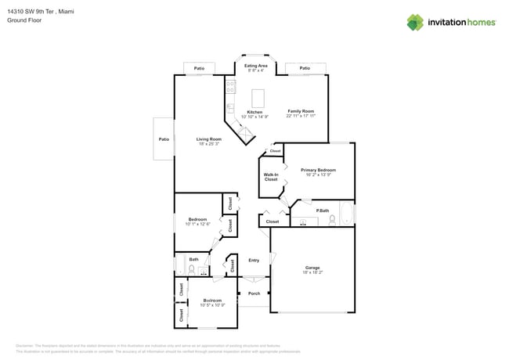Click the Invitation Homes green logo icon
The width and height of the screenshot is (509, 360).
click(x=414, y=22)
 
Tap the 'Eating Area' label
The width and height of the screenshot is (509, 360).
click(x=256, y=66)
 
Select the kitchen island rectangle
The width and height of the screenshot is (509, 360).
click(x=257, y=98)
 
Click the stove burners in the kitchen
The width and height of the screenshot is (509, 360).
click(x=231, y=88)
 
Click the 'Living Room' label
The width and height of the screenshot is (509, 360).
click(x=208, y=139)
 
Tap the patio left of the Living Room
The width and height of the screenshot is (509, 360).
click(x=164, y=139)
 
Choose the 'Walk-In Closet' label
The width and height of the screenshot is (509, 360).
click(x=271, y=177)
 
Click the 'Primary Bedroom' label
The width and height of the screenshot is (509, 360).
click(x=318, y=170)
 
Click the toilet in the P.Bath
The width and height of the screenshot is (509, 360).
click(x=332, y=219)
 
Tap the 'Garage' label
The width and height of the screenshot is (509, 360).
click(x=312, y=268)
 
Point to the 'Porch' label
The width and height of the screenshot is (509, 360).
click(x=254, y=293)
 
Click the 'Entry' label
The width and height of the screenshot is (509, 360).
click(x=254, y=260)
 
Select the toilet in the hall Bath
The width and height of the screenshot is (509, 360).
click(x=191, y=269)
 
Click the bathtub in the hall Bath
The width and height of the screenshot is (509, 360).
click(x=180, y=264)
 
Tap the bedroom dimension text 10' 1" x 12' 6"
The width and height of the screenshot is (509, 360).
click(x=198, y=225)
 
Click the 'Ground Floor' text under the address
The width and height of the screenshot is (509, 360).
click(x=24, y=20)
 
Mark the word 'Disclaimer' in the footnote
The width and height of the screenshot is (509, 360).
click(x=25, y=345)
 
